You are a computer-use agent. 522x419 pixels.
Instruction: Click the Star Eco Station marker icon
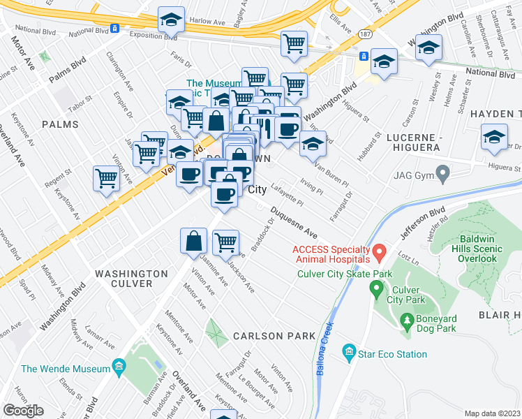[x=350, y=355]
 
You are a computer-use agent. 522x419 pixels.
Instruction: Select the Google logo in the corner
[x=23, y=411]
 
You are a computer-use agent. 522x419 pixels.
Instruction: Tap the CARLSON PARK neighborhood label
[x=274, y=336]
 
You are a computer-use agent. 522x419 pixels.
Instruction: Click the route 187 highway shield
[x=365, y=34]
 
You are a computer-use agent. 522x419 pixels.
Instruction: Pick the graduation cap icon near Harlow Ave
[x=170, y=22]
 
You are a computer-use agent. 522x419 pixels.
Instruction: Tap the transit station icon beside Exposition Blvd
[x=114, y=29]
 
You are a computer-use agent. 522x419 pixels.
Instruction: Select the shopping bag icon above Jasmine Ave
[x=193, y=241]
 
